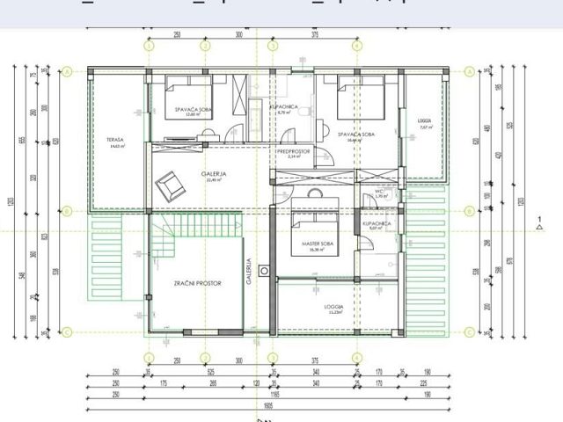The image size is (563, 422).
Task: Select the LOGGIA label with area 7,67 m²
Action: tap(423, 123)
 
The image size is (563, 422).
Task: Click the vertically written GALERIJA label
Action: tap(250, 273)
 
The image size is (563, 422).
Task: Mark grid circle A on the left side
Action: tap(68, 72)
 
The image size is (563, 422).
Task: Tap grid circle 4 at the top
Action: tap(356, 46)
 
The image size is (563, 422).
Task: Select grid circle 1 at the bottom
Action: tap(149, 357)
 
